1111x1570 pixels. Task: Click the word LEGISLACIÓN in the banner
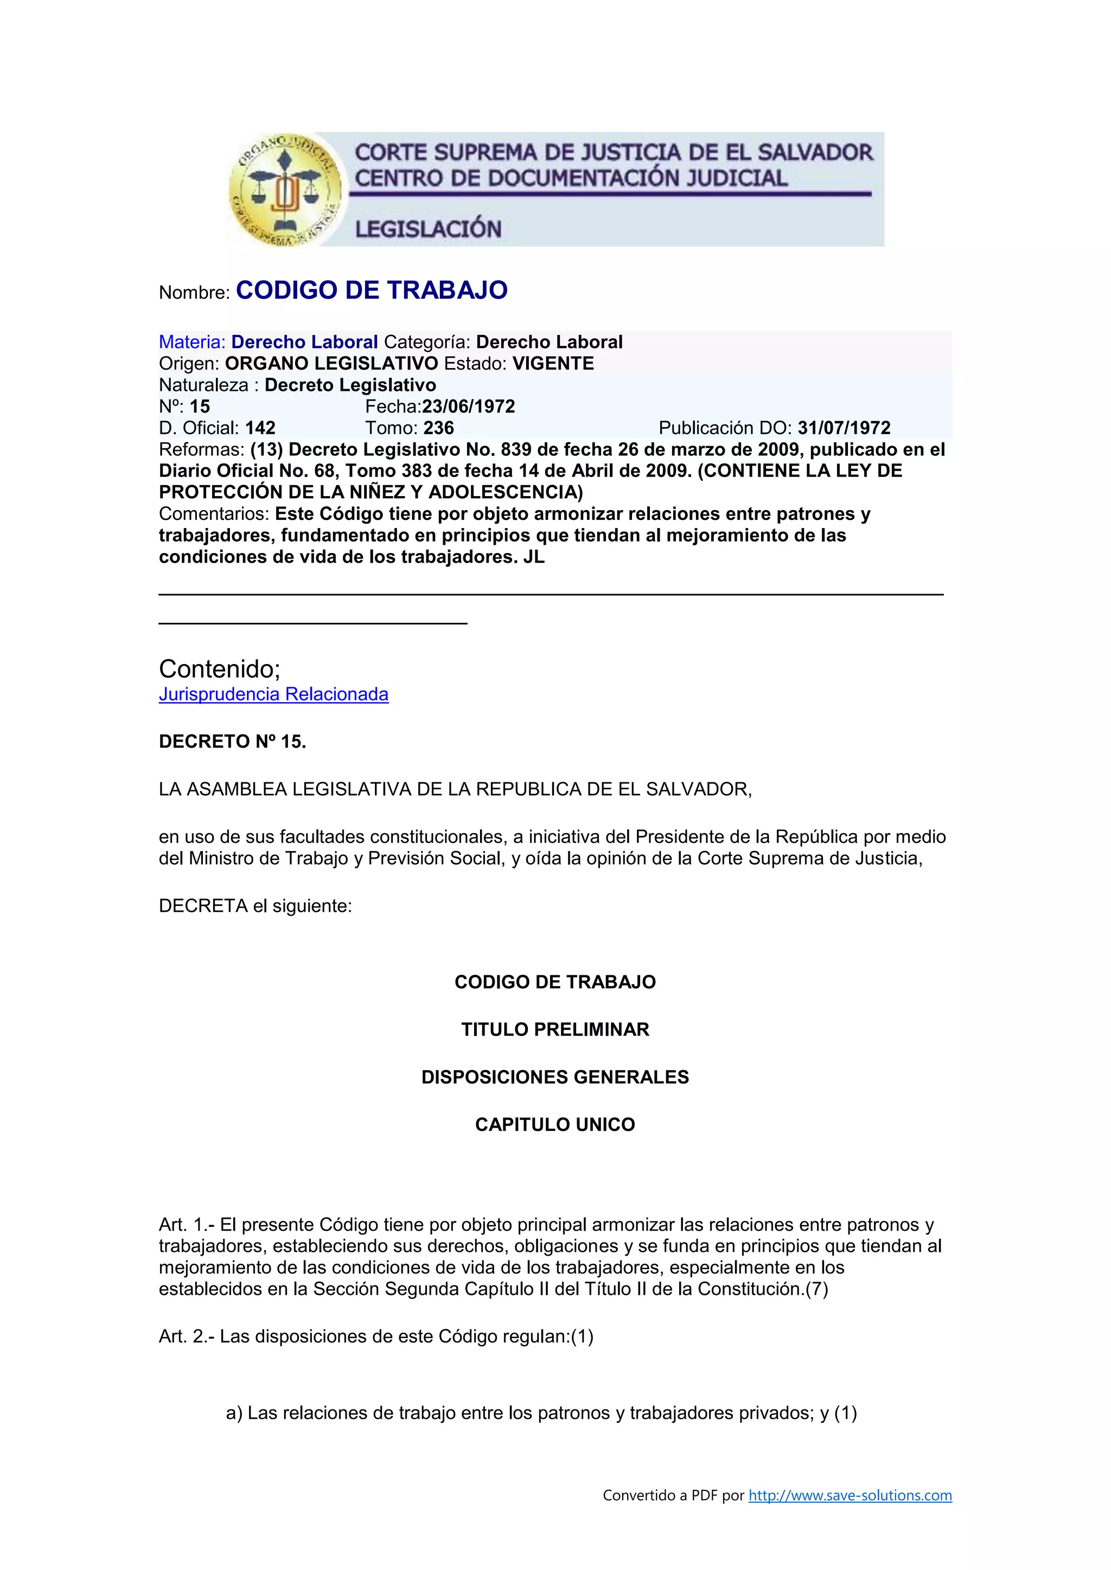[x=428, y=228]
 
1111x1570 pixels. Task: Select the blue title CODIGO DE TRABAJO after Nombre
[x=372, y=290]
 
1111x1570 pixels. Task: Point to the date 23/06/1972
[x=469, y=406]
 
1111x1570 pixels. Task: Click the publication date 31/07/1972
[x=844, y=428]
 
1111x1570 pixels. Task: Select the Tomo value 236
[x=438, y=428]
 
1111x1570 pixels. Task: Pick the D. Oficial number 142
[x=260, y=428]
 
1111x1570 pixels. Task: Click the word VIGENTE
[x=553, y=363]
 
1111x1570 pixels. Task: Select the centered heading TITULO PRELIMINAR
[x=555, y=1029]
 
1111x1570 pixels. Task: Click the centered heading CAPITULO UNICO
[x=555, y=1124]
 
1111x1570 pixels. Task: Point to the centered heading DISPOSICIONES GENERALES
[x=555, y=1077]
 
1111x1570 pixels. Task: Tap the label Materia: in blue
[x=191, y=342]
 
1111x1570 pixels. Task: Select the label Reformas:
[x=201, y=449]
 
